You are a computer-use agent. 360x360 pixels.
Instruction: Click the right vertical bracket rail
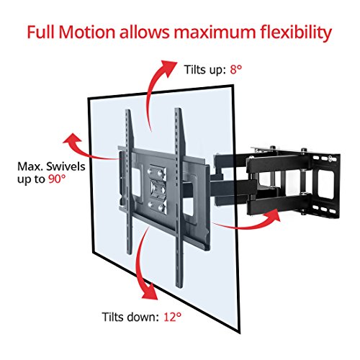point(176,180)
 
